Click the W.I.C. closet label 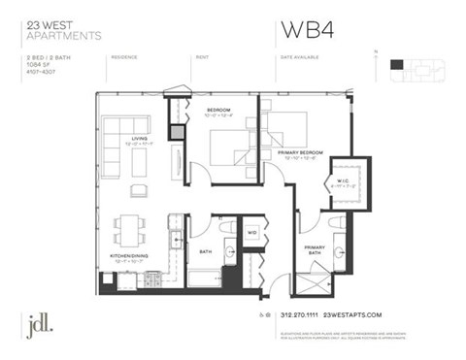click(346, 179)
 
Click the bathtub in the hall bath click(203, 277)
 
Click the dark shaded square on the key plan click(395, 65)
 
